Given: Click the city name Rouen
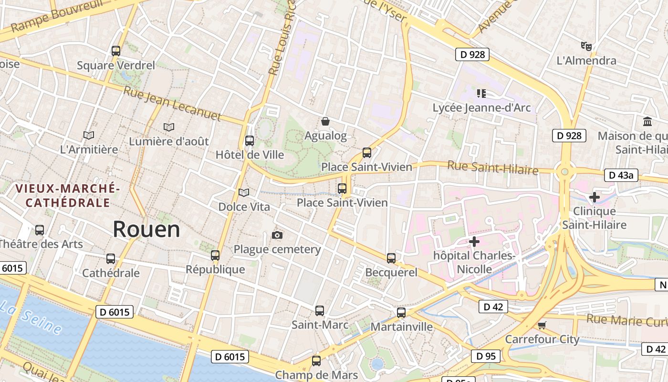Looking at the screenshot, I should (146, 230).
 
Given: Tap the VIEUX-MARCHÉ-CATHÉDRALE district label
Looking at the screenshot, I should (67, 195).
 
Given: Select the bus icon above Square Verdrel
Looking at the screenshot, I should (115, 51).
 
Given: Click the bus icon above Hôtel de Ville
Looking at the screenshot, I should (249, 140).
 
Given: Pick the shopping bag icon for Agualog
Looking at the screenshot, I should (325, 121).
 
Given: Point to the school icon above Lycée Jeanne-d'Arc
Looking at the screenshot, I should (481, 93).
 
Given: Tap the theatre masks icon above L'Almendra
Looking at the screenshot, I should (586, 46).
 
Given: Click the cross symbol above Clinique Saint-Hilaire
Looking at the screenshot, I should (594, 197).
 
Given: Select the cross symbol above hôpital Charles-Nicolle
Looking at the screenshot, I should (474, 242).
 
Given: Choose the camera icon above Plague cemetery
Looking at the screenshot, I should (277, 235).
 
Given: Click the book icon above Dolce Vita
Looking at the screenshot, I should (244, 192).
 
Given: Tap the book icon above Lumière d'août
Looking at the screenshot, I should (168, 127).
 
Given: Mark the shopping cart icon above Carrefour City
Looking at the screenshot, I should (542, 325).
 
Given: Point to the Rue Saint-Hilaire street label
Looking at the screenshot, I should (492, 168).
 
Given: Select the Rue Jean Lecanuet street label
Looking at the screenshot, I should (172, 104).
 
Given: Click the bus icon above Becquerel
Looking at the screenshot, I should (391, 258).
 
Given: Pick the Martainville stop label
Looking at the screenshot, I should (401, 327).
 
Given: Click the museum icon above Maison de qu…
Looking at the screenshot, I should (647, 121).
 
